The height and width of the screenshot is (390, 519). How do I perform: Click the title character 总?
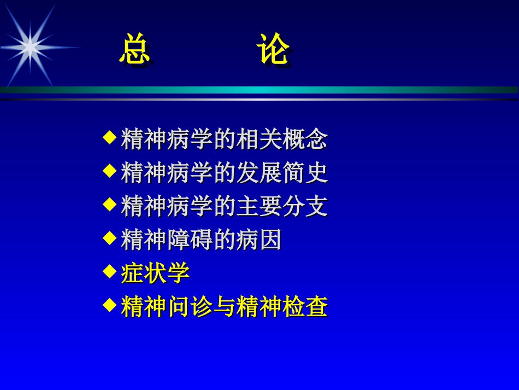[x=134, y=50]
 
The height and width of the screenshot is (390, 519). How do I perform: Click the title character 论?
[x=273, y=50]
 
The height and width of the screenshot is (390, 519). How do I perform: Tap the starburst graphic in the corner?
[x=30, y=47]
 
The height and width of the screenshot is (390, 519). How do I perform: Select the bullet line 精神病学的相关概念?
[x=224, y=139]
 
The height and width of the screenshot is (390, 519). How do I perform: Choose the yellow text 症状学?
[x=155, y=273]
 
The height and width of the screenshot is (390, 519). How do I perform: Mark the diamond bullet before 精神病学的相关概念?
[x=110, y=137]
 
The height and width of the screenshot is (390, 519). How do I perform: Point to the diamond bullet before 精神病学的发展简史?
[x=110, y=170]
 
